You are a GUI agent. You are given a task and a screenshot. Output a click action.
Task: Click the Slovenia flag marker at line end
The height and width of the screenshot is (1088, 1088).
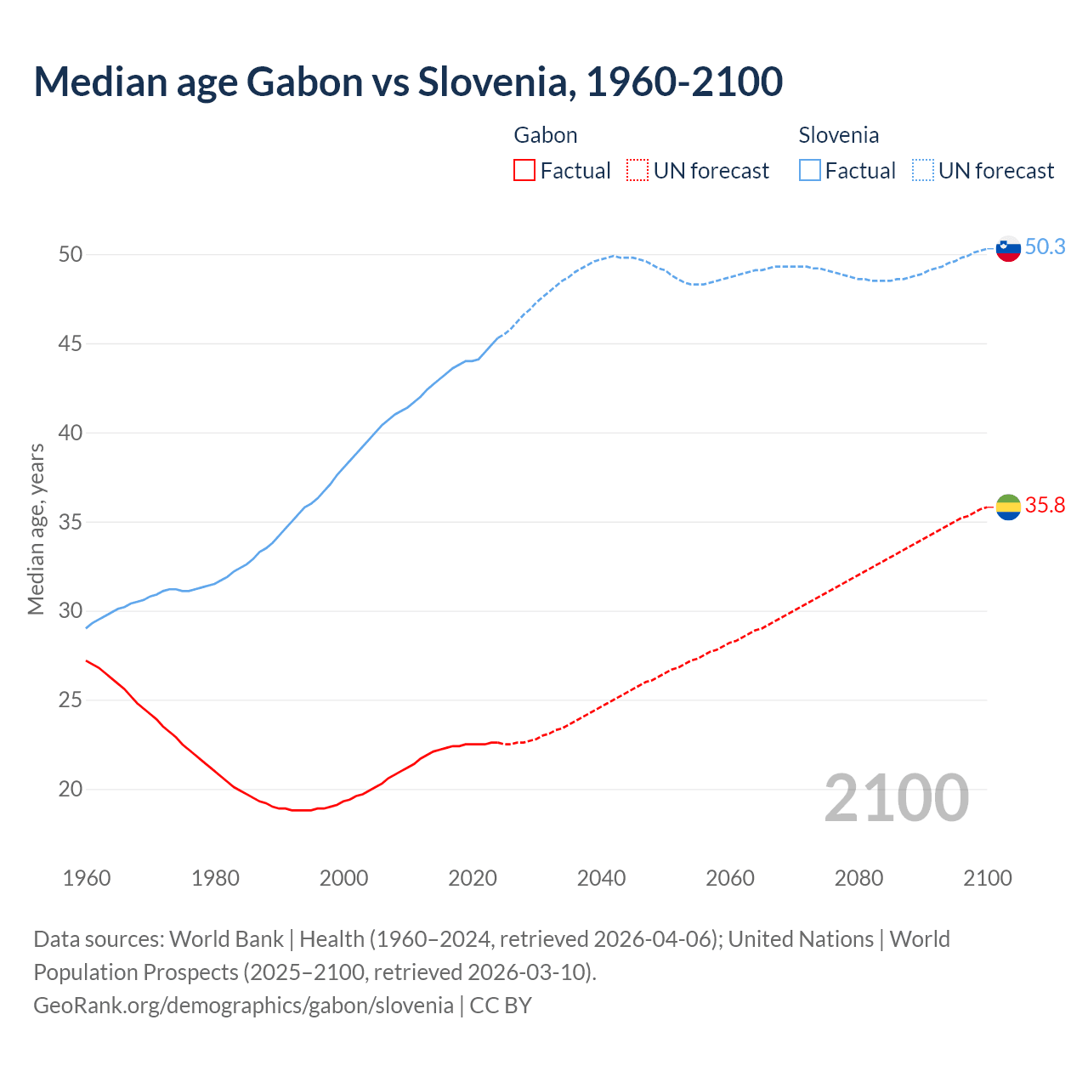tap(1008, 249)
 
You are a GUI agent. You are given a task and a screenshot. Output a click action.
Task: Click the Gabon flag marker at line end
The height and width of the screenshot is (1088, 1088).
tap(1008, 507)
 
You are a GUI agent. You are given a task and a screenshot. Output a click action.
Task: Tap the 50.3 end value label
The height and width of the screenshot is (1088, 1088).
tap(1045, 247)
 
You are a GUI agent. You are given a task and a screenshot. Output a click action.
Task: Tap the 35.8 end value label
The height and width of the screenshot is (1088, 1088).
tap(1045, 506)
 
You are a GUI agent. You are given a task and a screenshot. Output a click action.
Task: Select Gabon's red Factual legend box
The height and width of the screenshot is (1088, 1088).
tap(524, 171)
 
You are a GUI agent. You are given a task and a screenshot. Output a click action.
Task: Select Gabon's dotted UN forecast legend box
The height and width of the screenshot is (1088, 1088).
tap(637, 171)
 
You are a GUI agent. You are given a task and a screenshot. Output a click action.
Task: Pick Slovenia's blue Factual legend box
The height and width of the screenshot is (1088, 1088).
tap(810, 171)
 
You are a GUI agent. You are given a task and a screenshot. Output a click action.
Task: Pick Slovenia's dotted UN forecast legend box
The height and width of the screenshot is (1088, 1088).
tap(923, 171)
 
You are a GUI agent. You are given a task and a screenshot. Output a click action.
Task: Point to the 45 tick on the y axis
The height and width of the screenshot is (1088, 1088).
tap(71, 344)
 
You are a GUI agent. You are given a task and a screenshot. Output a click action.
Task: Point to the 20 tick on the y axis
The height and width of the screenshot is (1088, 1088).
tap(71, 790)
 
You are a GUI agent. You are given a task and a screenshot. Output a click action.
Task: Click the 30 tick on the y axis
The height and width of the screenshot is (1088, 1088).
tap(71, 611)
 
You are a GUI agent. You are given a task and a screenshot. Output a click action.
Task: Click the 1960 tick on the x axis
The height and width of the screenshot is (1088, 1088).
tap(87, 878)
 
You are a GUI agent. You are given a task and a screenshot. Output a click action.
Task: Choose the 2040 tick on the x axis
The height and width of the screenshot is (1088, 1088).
tap(601, 878)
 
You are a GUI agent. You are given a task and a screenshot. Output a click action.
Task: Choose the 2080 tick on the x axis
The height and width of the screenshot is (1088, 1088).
tap(858, 878)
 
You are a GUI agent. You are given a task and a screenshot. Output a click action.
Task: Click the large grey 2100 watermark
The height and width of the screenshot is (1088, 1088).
tap(897, 798)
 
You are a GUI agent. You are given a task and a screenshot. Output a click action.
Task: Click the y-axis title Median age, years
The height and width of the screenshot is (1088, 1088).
tap(36, 529)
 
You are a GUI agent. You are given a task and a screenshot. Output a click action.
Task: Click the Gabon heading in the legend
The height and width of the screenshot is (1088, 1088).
tap(546, 135)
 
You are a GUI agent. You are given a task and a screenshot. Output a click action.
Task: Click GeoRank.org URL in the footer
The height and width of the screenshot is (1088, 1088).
tap(243, 1006)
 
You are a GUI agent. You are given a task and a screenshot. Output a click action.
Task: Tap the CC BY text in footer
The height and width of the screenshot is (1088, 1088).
tap(501, 1006)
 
